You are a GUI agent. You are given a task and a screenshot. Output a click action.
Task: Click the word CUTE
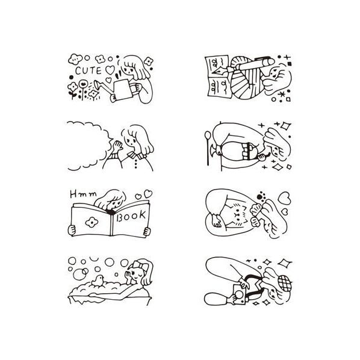88,70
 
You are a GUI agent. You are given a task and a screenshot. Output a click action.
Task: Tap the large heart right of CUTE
110,70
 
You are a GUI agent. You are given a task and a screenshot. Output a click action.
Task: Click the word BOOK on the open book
131,216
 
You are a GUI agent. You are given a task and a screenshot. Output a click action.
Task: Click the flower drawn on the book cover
92,222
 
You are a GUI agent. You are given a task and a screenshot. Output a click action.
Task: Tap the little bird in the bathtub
98,281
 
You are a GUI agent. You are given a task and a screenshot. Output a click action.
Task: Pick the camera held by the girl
239,294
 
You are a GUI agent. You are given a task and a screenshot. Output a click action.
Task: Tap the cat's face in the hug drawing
237,215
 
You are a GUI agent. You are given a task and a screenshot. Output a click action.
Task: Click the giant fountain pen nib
220,70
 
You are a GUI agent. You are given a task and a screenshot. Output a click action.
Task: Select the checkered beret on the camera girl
285,282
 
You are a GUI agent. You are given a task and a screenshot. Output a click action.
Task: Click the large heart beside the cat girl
284,198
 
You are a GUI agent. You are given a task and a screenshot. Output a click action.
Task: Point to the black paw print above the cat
261,196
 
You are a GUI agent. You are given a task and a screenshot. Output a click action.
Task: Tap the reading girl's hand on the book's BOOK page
147,231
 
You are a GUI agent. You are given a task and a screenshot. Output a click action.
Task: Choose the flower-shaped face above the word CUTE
75,59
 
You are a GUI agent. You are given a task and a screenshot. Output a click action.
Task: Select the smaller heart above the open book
138,197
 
